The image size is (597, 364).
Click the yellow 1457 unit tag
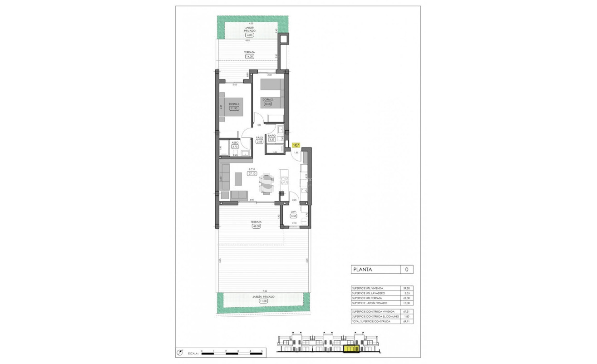(296, 145)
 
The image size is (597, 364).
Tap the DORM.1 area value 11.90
(234, 108)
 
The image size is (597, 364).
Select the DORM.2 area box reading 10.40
(268, 104)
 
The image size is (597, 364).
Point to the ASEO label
(235, 142)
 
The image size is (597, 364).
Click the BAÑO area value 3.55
(272, 140)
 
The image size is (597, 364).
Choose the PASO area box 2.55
(260, 142)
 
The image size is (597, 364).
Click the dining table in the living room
(266, 184)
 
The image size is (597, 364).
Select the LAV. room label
(294, 212)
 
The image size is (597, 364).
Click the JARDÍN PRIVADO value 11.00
(263, 301)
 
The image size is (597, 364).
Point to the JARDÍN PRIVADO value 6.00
(249, 35)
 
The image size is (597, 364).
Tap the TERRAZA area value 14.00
(249, 57)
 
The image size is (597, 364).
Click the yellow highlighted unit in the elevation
(351, 349)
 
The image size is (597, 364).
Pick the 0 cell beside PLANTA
(406, 270)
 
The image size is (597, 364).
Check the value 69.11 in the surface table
(406, 321)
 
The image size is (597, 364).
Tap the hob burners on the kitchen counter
(285, 181)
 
